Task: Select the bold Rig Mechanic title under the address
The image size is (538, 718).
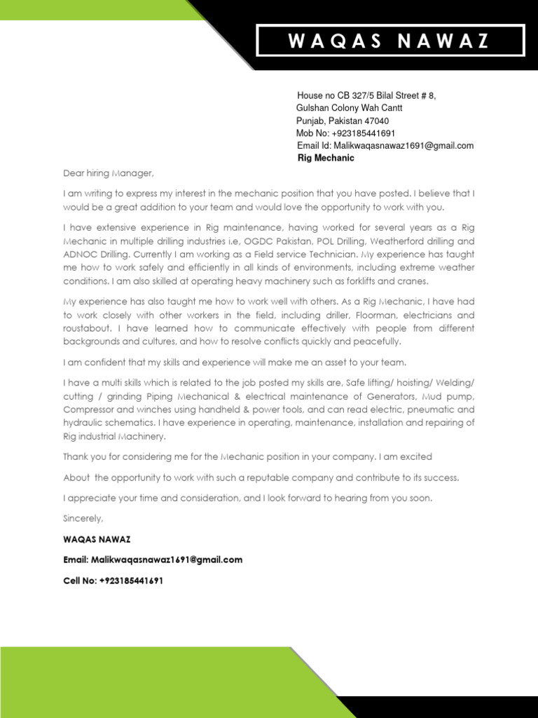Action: pos(326,158)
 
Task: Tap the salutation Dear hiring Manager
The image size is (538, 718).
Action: pos(108,172)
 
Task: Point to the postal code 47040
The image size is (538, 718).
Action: pos(376,121)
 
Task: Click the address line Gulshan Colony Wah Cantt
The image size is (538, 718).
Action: pos(349,108)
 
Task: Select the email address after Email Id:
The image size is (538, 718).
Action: pos(403,146)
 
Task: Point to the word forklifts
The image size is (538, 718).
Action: pos(367,280)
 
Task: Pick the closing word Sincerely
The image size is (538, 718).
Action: pos(83,518)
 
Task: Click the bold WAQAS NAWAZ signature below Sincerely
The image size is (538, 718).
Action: pos(97,539)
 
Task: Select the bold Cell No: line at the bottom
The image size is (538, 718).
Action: pos(113,581)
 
